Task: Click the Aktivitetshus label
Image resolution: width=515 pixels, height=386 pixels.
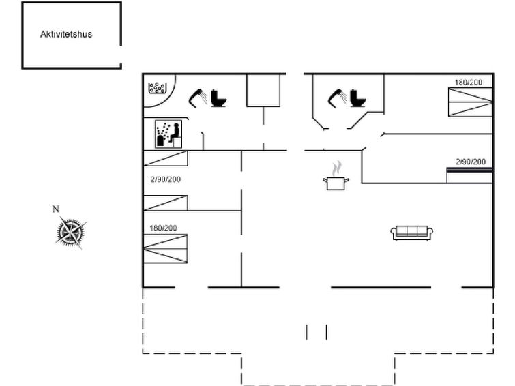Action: pyautogui.click(x=65, y=33)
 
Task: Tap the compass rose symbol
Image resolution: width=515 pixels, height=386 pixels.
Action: pyautogui.click(x=70, y=231)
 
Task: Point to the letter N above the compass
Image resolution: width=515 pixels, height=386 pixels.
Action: pyautogui.click(x=56, y=209)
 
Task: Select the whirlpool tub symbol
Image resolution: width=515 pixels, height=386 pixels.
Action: pyautogui.click(x=158, y=89)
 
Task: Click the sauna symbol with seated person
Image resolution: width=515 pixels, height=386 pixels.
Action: pyautogui.click(x=166, y=134)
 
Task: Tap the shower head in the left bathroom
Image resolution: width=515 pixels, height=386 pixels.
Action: pyautogui.click(x=198, y=97)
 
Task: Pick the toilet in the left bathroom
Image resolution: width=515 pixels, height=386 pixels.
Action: pyautogui.click(x=218, y=98)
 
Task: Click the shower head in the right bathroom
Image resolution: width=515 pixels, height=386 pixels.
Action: pyautogui.click(x=338, y=97)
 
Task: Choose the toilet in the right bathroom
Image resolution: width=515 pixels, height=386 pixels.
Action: pyautogui.click(x=357, y=98)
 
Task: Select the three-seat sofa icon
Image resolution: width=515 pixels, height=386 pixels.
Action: pyautogui.click(x=412, y=233)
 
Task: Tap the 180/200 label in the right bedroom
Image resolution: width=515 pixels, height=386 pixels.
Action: pyautogui.click(x=469, y=83)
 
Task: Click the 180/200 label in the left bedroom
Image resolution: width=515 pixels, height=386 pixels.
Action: pyautogui.click(x=163, y=228)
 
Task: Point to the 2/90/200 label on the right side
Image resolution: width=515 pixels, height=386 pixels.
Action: pyautogui.click(x=471, y=162)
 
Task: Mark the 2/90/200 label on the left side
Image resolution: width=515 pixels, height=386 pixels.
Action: pyautogui.click(x=166, y=179)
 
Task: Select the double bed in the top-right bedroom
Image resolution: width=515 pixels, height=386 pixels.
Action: pyautogui.click(x=470, y=102)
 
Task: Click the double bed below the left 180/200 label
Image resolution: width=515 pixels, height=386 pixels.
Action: pyautogui.click(x=165, y=248)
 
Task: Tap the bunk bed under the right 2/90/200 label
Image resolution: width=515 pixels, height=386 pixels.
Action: pyautogui.click(x=470, y=175)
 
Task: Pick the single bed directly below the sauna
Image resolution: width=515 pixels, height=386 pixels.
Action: pyautogui.click(x=165, y=158)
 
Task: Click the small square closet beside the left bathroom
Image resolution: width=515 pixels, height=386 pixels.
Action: pyautogui.click(x=263, y=91)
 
